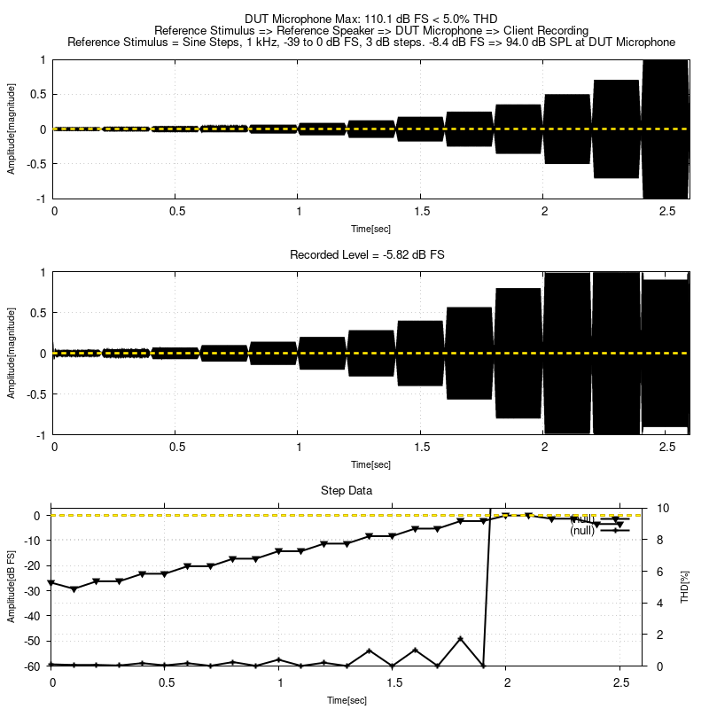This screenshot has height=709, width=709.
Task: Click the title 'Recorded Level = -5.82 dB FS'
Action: pos(368,254)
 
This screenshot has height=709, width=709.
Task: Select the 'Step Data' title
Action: pos(346,490)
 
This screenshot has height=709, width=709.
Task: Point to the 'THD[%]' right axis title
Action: pos(684,587)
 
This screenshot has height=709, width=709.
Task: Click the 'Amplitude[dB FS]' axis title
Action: pos(12,587)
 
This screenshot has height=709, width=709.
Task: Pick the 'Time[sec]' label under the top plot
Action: pos(370,228)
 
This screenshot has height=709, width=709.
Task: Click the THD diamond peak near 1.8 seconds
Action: pos(461,639)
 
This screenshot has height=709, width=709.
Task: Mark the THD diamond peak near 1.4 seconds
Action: pos(370,651)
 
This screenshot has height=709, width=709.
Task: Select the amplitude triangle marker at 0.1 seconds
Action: pos(74,588)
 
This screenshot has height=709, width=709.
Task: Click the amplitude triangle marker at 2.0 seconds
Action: pos(506,515)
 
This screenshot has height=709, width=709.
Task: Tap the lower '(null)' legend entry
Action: pos(582,530)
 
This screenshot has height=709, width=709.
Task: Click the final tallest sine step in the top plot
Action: pos(665,129)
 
